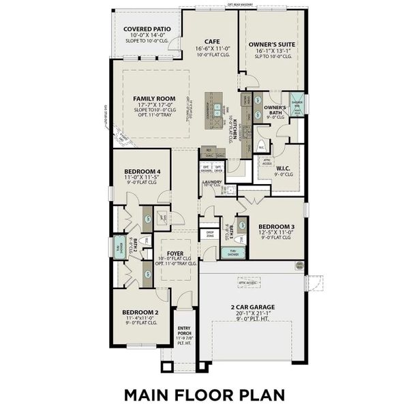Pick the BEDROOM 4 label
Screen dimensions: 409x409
coord(142,171)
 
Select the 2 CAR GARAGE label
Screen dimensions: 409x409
coord(251,306)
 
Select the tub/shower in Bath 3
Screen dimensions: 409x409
coord(230,252)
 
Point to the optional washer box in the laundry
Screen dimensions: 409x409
coord(205,168)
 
